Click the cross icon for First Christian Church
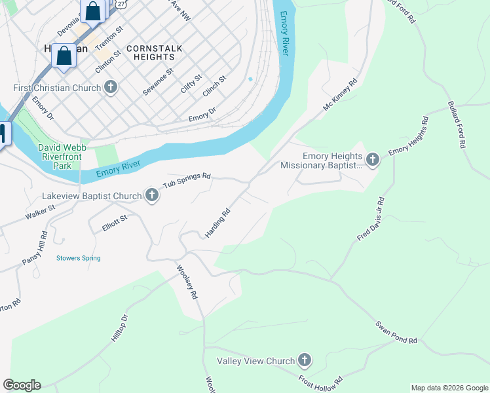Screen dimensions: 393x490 [111, 88]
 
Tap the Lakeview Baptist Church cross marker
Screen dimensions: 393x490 [152, 196]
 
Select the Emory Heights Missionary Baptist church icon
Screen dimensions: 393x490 [373, 160]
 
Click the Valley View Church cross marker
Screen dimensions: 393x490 [304, 360]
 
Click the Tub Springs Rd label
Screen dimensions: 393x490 [187, 180]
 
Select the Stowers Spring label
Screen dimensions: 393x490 [79, 258]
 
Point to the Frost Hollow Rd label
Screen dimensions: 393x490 [321, 381]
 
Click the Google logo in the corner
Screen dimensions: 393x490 [22, 385]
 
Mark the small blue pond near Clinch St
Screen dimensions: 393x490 [250, 80]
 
